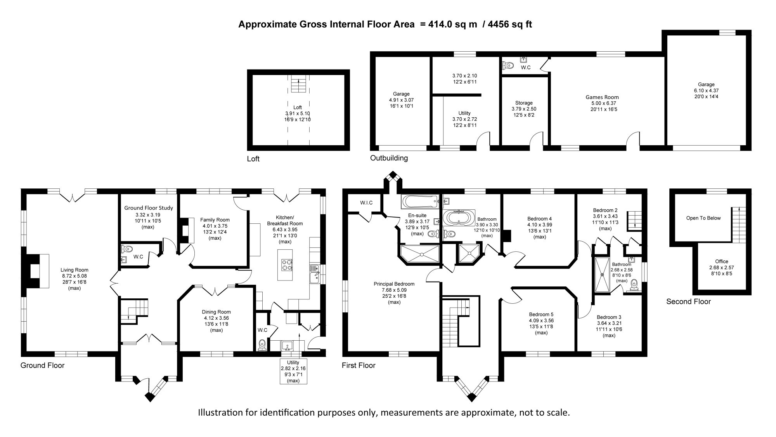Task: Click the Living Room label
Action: (x=74, y=270)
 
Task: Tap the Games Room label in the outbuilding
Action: (x=602, y=97)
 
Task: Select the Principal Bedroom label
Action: (x=394, y=284)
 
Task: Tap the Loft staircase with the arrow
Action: (x=298, y=85)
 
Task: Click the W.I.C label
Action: (x=366, y=203)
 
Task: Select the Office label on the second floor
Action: (x=722, y=261)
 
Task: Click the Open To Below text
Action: (x=703, y=218)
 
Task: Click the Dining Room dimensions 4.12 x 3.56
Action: (x=216, y=318)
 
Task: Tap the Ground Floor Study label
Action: (x=149, y=208)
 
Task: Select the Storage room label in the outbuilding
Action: (x=524, y=103)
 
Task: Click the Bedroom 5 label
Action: (x=541, y=315)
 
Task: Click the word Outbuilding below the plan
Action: (x=389, y=158)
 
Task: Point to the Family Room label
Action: (x=215, y=219)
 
